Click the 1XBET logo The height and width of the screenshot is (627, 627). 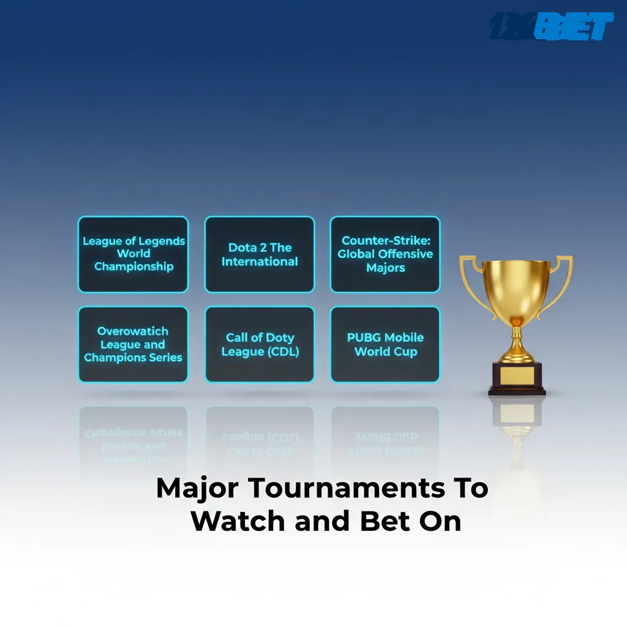click(x=551, y=27)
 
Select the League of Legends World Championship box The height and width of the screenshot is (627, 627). click(x=133, y=254)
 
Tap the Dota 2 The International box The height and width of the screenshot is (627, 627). click(x=260, y=254)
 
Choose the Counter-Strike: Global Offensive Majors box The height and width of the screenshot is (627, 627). click(x=385, y=254)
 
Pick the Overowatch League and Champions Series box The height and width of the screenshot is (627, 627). click(x=133, y=344)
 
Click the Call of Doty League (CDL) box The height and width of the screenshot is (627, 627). click(x=260, y=344)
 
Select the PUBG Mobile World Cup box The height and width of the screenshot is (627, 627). click(x=385, y=344)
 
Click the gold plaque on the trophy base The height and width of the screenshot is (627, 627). click(x=516, y=375)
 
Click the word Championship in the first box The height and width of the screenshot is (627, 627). click(x=133, y=267)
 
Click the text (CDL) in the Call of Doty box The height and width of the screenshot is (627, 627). click(x=279, y=351)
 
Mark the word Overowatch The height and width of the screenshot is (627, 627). click(x=133, y=331)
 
